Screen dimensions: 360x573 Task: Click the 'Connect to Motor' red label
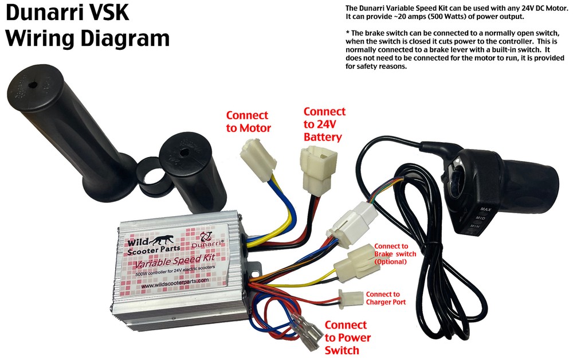click(248, 120)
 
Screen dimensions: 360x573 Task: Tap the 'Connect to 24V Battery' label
click(324, 124)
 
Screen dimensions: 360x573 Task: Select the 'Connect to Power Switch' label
click(347, 338)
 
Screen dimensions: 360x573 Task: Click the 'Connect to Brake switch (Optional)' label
click(395, 253)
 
